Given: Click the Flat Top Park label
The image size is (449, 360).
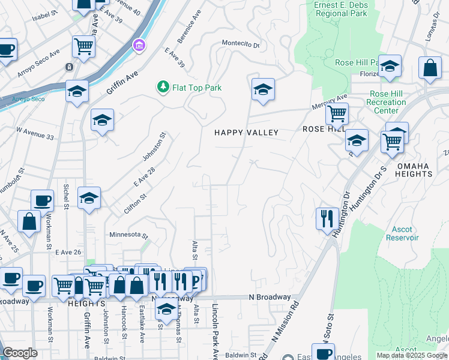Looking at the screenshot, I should pyautogui.click(x=197, y=88).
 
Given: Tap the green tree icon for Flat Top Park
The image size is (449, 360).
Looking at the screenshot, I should pyautogui.click(x=163, y=88).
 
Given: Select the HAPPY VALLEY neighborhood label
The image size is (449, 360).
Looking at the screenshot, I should pyautogui.click(x=247, y=132).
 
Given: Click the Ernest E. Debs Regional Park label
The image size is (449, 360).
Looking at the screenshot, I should pyautogui.click(x=340, y=8).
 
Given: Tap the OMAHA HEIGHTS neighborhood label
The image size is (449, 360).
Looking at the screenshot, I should pyautogui.click(x=414, y=169).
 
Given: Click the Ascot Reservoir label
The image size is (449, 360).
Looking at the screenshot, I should pyautogui.click(x=402, y=233).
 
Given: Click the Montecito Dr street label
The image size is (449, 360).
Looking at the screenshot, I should pyautogui.click(x=240, y=44).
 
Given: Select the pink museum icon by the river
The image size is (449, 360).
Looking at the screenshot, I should pyautogui.click(x=140, y=46).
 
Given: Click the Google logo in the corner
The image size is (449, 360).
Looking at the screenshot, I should pyautogui.click(x=20, y=353).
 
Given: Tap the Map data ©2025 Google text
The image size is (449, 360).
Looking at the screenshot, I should pyautogui.click(x=412, y=355).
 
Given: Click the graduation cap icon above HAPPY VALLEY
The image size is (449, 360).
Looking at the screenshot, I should pyautogui.click(x=263, y=89).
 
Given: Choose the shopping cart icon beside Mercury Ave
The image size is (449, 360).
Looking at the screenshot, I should pyautogui.click(x=337, y=112).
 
